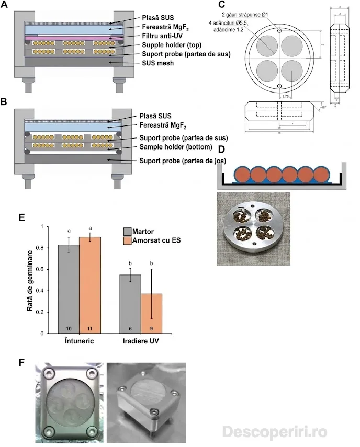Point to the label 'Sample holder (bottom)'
click(176, 148)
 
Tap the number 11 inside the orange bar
click(90, 328)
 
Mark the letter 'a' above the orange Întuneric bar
click(90, 228)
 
